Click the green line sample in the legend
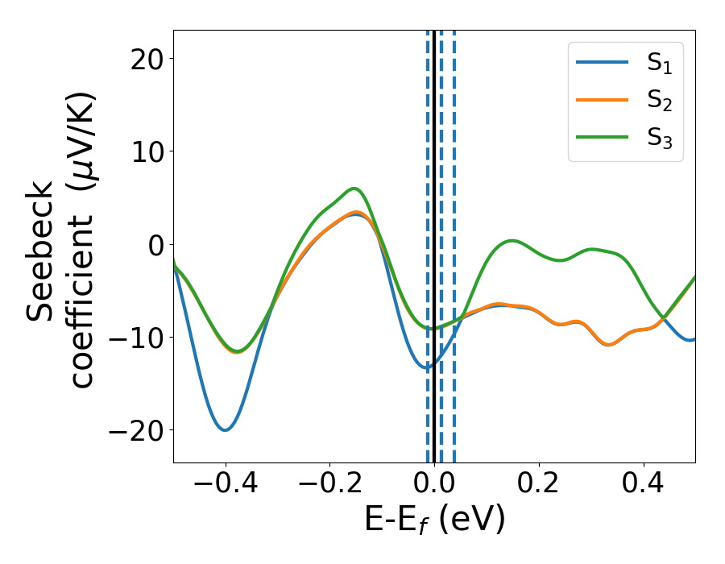click(x=602, y=137)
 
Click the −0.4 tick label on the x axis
click(x=225, y=485)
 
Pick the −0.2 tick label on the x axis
click(x=329, y=485)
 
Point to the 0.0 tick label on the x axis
click(x=434, y=485)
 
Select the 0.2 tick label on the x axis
click(x=539, y=485)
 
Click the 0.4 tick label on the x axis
click(x=644, y=485)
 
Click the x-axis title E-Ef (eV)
click(x=434, y=520)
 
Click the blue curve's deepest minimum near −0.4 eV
click(x=226, y=429)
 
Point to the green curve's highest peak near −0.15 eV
click(x=354, y=189)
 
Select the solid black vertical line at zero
click(x=434, y=201)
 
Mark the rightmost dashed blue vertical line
click(x=454, y=201)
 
